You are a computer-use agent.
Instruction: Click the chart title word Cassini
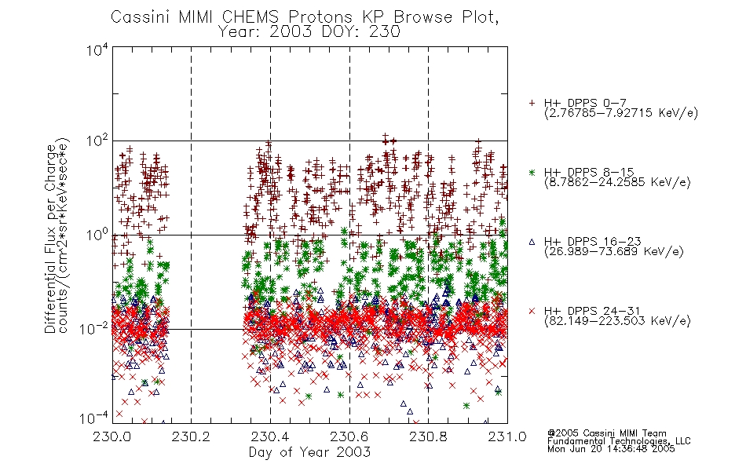click(141, 17)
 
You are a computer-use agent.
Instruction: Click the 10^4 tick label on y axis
click(97, 49)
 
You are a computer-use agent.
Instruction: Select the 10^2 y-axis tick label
click(97, 141)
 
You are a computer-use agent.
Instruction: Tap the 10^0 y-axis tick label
click(97, 235)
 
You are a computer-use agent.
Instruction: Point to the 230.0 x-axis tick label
click(112, 436)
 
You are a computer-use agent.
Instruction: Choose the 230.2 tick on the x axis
click(191, 436)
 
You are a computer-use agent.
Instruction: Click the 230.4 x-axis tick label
click(270, 436)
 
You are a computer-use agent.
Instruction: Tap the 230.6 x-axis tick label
click(349, 436)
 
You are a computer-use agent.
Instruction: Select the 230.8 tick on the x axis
click(428, 436)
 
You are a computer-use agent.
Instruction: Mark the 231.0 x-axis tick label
click(507, 436)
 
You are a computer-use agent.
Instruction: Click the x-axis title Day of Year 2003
click(309, 452)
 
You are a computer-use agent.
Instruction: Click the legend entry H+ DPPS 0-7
click(585, 103)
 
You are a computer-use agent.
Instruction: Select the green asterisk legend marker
click(532, 173)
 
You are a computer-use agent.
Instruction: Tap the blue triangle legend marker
click(532, 242)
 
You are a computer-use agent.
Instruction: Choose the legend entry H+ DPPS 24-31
click(592, 311)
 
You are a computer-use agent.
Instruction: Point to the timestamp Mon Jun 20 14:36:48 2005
click(611, 449)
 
